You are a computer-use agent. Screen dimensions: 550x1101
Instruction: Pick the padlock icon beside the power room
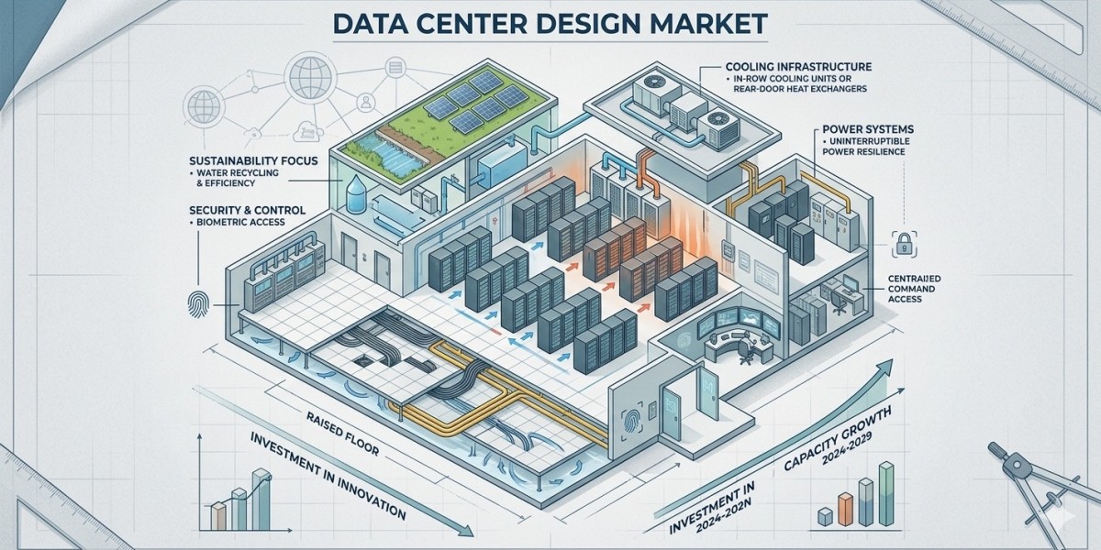pyautogui.click(x=901, y=244)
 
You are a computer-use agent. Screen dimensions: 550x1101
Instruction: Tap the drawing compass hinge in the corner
pyautogui.click(x=998, y=450)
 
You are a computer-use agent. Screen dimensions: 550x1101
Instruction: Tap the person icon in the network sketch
pyautogui.click(x=364, y=99)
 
